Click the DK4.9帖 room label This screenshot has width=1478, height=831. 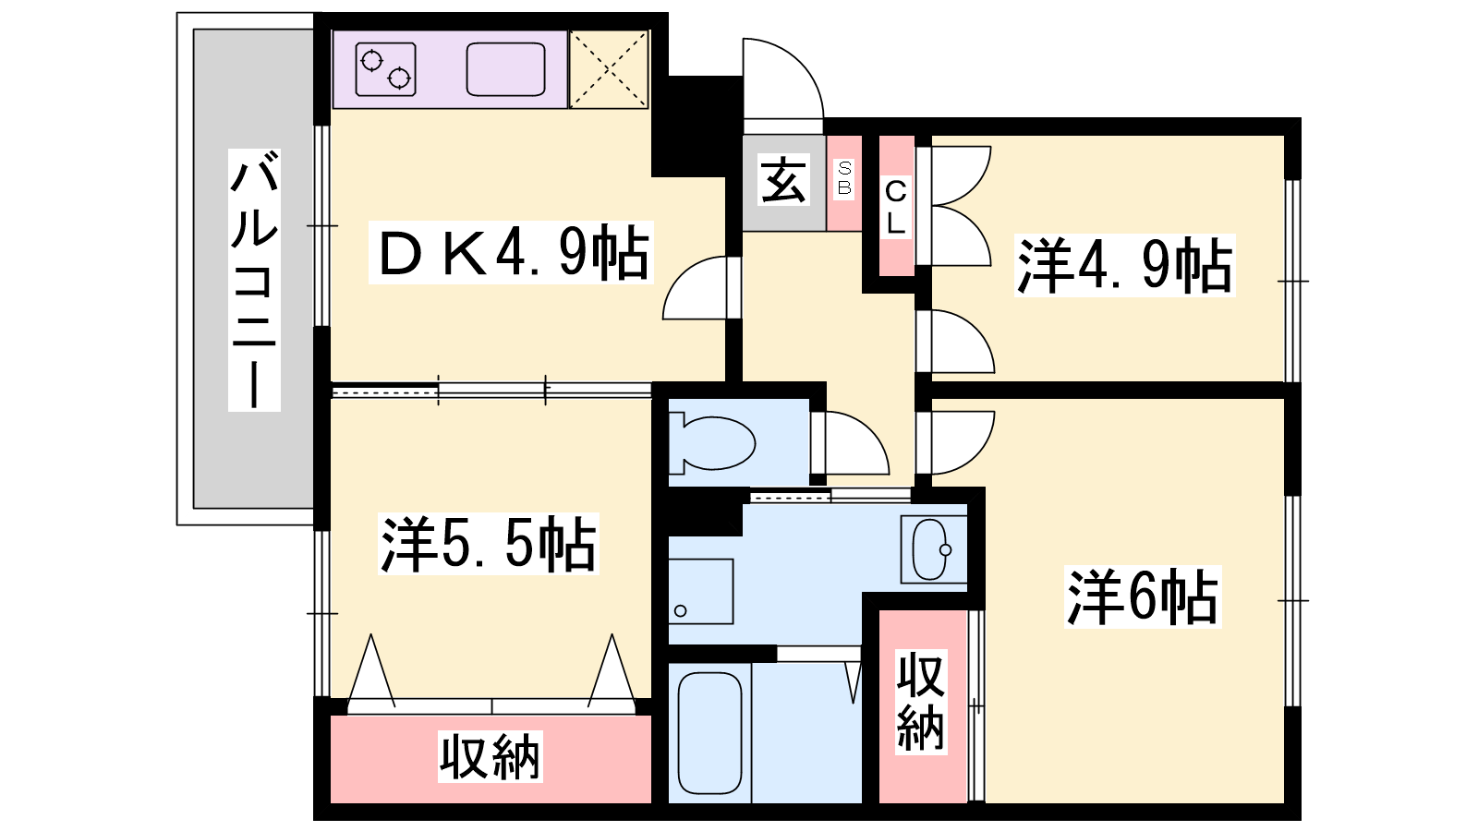tap(512, 253)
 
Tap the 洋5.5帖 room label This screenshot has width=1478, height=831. tap(489, 544)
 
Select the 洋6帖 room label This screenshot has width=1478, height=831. tap(1143, 596)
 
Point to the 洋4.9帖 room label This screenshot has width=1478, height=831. tap(1124, 265)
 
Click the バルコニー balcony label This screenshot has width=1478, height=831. tap(255, 281)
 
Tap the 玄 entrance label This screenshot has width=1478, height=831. tap(783, 180)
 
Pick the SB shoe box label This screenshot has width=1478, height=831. tap(844, 178)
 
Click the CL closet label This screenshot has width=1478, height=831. tap(895, 208)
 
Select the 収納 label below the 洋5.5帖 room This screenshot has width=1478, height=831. tap(491, 756)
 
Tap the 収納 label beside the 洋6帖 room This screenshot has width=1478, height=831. tap(921, 702)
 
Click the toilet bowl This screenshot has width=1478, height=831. tap(712, 443)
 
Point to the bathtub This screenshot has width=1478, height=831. tap(710, 733)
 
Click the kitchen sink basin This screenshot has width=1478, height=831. tap(506, 69)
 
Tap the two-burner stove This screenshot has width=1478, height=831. tap(385, 69)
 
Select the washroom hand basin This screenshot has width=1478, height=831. tap(931, 549)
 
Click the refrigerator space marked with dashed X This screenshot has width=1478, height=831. tap(609, 69)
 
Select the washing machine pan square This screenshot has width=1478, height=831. tap(701, 592)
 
